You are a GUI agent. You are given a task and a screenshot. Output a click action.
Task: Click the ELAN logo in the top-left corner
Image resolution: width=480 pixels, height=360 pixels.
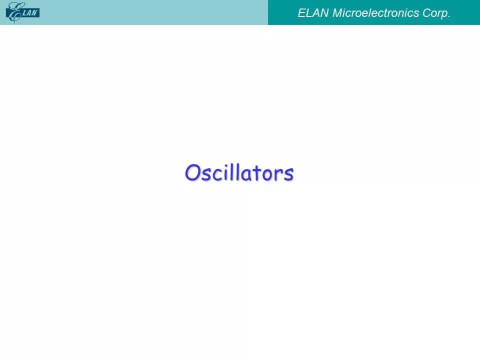[22, 12]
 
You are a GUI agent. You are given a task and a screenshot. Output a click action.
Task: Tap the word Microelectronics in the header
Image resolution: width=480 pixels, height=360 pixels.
[375, 13]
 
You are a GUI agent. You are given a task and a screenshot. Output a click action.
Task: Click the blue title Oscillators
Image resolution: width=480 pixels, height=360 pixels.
[239, 173]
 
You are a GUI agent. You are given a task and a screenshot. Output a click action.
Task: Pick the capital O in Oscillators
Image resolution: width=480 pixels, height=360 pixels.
[192, 172]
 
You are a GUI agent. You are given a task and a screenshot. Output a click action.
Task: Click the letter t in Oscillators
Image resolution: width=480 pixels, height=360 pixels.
[256, 173]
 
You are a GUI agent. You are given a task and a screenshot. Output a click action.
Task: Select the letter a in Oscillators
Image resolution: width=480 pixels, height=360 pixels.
[244, 175]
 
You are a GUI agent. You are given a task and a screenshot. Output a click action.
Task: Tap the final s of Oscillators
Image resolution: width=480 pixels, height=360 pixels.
[288, 175]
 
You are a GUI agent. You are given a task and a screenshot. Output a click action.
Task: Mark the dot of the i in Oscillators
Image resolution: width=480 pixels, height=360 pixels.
[226, 165]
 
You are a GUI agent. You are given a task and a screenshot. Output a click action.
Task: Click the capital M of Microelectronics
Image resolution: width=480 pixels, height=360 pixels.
[337, 13]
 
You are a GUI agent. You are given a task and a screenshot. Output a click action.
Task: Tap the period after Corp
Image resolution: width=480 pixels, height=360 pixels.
[449, 17]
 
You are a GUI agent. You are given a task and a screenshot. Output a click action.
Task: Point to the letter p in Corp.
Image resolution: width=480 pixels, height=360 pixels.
[443, 15]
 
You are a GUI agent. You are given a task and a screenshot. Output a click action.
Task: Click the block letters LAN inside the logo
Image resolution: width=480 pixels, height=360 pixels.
[30, 13]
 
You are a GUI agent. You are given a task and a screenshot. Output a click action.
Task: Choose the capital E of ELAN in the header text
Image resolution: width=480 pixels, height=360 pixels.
[301, 13]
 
